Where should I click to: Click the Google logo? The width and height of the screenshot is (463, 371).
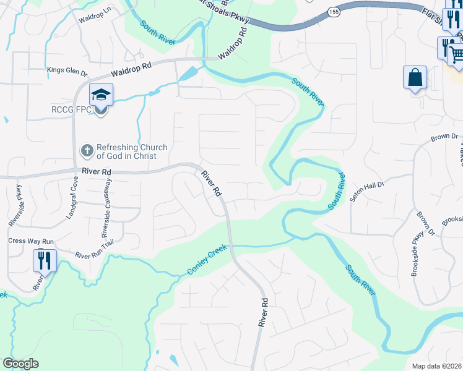click(21, 364)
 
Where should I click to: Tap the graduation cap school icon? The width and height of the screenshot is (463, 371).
click(100, 95)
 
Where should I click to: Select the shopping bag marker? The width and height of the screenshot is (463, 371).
click(415, 78)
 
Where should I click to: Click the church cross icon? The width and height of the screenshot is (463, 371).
click(87, 150)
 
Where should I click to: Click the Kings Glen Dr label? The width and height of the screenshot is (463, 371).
click(67, 70)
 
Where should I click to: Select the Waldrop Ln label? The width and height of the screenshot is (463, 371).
click(93, 17)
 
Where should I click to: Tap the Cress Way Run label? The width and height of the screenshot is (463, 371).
click(31, 241)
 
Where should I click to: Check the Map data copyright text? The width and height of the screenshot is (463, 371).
click(437, 366)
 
